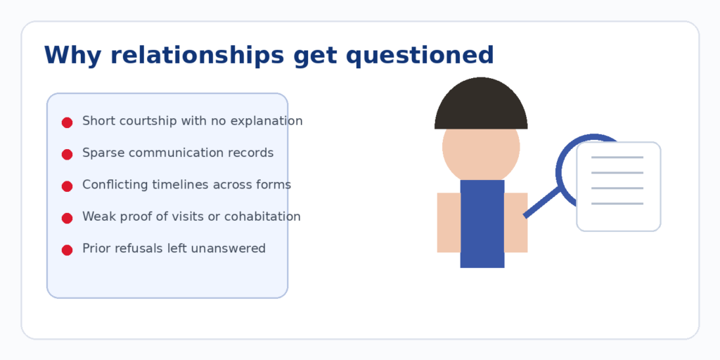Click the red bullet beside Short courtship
[x=67, y=122]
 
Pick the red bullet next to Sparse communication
[x=67, y=154]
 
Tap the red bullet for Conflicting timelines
[x=67, y=186]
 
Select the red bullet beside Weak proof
[x=67, y=218]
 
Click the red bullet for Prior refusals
[x=67, y=250]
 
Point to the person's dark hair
[x=481, y=105]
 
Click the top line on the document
[x=617, y=157]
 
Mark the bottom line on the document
[x=617, y=204]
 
